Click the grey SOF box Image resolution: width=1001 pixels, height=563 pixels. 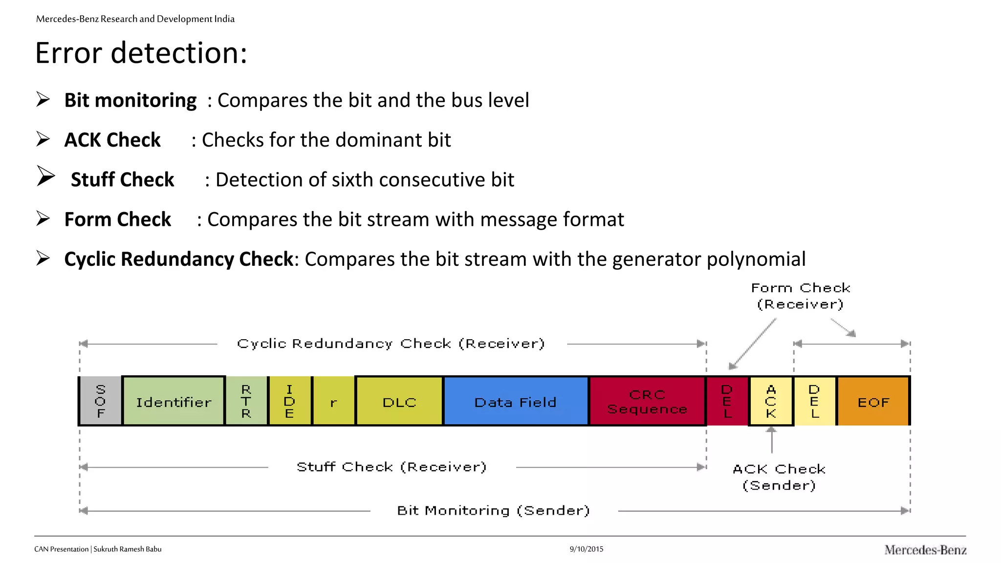pos(100,401)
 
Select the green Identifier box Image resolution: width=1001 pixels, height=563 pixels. pos(174,401)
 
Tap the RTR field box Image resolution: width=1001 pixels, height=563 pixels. pos(246,401)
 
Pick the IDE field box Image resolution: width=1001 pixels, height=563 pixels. pos(290,401)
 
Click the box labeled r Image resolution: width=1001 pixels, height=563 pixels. pos(333,401)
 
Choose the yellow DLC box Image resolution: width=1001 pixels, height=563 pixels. pos(399,401)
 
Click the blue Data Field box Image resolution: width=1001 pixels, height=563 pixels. pos(516,401)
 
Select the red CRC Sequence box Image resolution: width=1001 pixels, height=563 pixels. pos(647,401)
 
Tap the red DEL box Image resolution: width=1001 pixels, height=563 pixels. pos(727,401)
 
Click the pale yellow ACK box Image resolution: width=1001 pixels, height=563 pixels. pos(771,401)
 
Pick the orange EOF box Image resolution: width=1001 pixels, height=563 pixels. pos(873,401)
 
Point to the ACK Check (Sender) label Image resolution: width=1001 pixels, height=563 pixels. pos(779,477)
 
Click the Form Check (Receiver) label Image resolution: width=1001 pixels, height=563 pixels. pos(801,296)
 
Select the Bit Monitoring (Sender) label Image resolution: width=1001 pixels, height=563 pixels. pos(494,511)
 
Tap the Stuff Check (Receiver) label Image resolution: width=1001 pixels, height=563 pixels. pos(392,467)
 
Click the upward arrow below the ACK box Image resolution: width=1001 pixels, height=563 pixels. pos(771,439)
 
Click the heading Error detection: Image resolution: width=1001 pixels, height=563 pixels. pos(141,53)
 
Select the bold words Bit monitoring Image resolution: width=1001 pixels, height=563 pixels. pos(131,100)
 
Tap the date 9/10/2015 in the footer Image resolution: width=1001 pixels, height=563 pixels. pos(586,549)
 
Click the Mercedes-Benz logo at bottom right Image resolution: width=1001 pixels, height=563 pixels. pos(925,550)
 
